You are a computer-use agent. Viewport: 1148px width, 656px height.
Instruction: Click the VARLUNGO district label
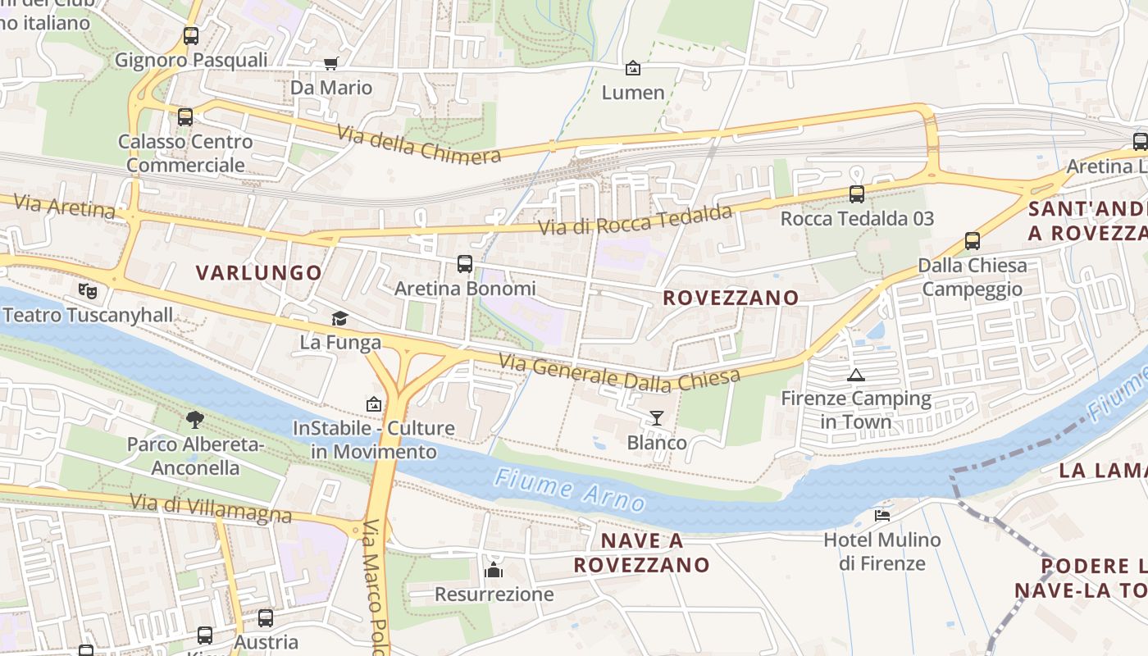258,273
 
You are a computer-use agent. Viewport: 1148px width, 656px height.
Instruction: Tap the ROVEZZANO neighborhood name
731,298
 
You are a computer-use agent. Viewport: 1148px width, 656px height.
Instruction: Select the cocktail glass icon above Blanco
657,418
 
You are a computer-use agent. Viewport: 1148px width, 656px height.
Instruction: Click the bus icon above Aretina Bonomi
465,264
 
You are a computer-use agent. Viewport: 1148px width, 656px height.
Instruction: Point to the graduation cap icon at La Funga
339,318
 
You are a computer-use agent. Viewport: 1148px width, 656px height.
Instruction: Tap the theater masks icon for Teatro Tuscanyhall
88,290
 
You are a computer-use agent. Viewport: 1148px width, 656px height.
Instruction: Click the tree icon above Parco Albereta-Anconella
195,420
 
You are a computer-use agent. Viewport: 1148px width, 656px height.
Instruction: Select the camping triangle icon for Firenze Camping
856,376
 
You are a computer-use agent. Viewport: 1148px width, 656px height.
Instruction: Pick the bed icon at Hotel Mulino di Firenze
882,515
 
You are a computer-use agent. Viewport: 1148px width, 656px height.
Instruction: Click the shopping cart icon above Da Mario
331,63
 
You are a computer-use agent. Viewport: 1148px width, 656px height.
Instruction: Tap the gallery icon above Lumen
633,68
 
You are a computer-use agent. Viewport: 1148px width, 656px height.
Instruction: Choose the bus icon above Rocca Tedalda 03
857,194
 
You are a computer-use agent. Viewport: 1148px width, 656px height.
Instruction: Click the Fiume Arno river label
570,488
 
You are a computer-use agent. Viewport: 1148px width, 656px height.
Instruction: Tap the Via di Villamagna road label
211,508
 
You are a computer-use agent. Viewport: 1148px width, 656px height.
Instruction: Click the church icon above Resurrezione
494,569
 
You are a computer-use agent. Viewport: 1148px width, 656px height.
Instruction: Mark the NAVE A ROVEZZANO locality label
641,553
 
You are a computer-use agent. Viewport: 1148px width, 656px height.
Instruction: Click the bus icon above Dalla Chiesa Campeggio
973,241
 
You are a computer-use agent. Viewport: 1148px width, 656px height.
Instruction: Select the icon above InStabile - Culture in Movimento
374,403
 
